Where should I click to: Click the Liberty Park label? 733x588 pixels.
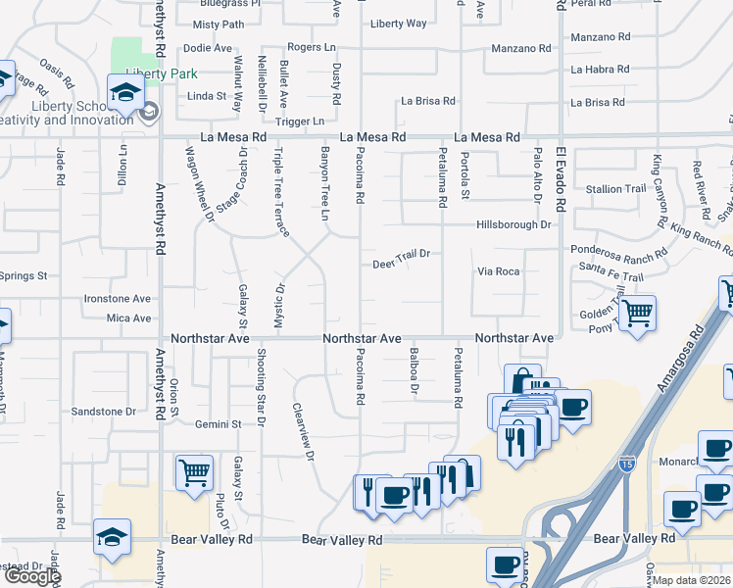(162, 73)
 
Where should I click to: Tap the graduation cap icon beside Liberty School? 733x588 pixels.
(126, 94)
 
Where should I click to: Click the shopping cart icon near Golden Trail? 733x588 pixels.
(637, 314)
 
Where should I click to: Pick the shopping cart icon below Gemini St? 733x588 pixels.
(194, 472)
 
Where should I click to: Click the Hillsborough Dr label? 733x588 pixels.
(513, 224)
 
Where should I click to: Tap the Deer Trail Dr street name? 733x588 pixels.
(402, 260)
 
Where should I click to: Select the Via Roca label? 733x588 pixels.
(498, 270)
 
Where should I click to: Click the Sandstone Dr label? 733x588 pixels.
(103, 412)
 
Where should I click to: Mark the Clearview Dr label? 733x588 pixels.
(303, 432)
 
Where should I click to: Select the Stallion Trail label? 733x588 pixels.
(615, 188)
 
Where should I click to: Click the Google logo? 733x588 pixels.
(31, 575)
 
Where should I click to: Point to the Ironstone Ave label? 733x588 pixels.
(117, 298)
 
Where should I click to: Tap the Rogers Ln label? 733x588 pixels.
(312, 46)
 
